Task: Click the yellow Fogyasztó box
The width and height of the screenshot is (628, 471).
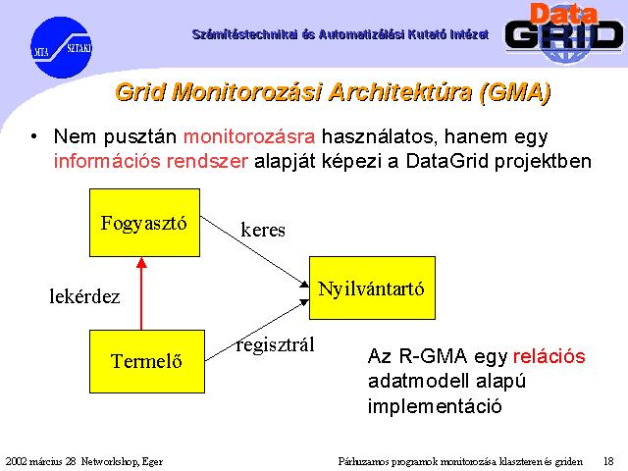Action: (144, 223)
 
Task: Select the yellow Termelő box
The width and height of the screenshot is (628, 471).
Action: (147, 361)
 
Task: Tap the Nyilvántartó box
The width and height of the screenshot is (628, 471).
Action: (372, 288)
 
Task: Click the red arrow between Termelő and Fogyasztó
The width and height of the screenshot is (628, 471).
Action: (141, 293)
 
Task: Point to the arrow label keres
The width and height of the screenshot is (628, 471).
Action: (263, 231)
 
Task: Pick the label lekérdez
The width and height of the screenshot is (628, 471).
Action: (84, 296)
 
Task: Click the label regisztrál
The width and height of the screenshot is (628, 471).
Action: (276, 344)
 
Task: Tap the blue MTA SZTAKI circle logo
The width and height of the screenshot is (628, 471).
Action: (61, 47)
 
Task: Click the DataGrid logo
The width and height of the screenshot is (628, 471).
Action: (564, 32)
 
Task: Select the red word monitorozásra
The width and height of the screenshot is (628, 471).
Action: (249, 136)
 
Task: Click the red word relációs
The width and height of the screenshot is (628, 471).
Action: (549, 356)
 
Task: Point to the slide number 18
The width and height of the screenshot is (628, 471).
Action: (608, 461)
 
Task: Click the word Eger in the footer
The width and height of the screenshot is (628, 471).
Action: (153, 462)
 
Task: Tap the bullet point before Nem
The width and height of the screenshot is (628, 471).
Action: (34, 136)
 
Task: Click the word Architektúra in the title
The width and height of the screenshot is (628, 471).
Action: (399, 91)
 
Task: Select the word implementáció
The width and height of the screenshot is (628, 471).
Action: (435, 406)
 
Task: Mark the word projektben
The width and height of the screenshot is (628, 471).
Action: (543, 161)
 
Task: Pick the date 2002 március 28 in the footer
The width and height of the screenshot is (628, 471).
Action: (40, 462)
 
